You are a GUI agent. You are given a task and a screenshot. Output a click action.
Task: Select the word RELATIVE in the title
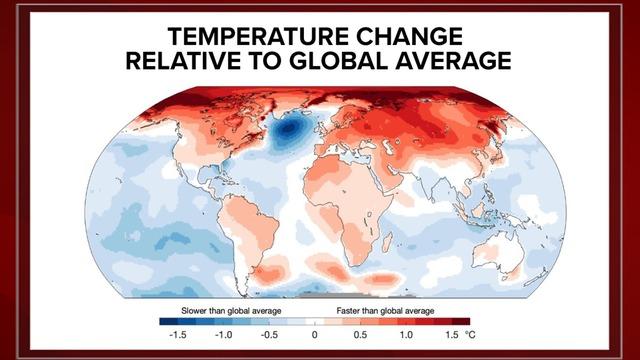(186, 62)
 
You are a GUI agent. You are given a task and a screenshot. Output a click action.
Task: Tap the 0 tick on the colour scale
(315, 336)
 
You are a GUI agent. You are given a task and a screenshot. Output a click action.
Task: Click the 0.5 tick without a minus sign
(362, 336)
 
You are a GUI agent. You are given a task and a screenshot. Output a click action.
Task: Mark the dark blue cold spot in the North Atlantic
(291, 129)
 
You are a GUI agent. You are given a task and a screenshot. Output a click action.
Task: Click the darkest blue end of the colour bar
(165, 322)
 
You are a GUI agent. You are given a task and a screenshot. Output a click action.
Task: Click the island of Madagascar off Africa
(387, 240)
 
